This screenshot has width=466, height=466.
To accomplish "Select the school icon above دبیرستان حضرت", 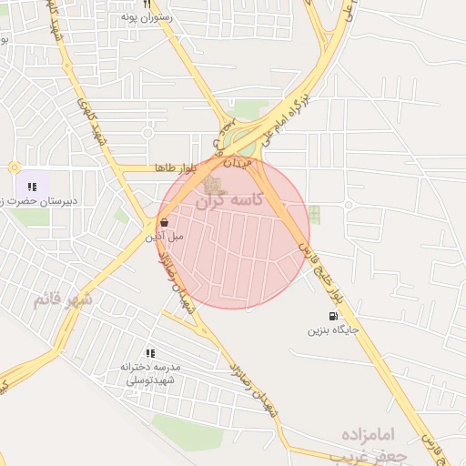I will pos(33,187).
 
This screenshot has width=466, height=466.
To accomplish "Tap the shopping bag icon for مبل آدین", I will pos(164,222).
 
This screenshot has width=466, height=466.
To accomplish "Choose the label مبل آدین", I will pos(165,236).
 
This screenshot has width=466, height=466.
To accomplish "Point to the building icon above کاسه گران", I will pos(211,186).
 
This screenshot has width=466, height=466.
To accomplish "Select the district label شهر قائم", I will pos(63,299).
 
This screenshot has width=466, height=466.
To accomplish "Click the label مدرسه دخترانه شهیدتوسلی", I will pos(151,371).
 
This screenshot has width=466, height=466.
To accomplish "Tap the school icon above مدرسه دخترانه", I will pos(150,353).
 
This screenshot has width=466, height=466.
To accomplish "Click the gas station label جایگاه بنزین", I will pos(327,330).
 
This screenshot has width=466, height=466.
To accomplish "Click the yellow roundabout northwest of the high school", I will pos(15,167).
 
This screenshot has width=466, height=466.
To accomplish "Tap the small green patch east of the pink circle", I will pos(314,215).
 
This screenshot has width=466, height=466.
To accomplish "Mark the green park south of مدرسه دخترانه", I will pos(187,432).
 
